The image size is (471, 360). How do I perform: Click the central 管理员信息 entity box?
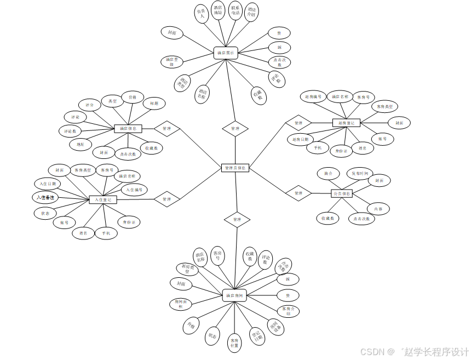click(x=235, y=168)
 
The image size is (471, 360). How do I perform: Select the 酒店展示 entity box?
click(x=225, y=53)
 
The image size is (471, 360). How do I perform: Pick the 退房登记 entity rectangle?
click(x=346, y=123)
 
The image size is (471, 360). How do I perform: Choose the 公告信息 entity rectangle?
click(x=342, y=193)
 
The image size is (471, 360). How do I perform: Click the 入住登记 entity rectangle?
click(x=103, y=200)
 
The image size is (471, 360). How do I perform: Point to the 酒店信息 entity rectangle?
click(x=128, y=129)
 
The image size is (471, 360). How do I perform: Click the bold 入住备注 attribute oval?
click(x=45, y=197)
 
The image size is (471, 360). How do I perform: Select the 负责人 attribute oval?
click(x=202, y=14)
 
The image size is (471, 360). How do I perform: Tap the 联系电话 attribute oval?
click(x=235, y=12)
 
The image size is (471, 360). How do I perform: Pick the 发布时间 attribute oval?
click(x=359, y=173)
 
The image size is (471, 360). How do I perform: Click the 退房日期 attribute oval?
click(x=301, y=139)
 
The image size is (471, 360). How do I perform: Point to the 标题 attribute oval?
click(x=154, y=103)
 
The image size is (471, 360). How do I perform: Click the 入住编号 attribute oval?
click(x=134, y=190)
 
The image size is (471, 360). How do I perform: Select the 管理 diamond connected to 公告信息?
click(x=298, y=193)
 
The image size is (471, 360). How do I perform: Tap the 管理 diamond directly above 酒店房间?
click(x=237, y=219)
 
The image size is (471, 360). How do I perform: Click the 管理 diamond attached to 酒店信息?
click(x=167, y=129)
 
